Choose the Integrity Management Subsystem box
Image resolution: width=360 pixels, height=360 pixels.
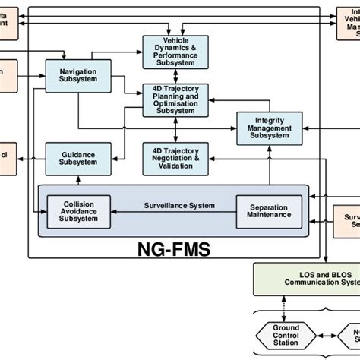269,127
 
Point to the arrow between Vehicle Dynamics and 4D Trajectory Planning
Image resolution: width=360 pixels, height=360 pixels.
175,77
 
